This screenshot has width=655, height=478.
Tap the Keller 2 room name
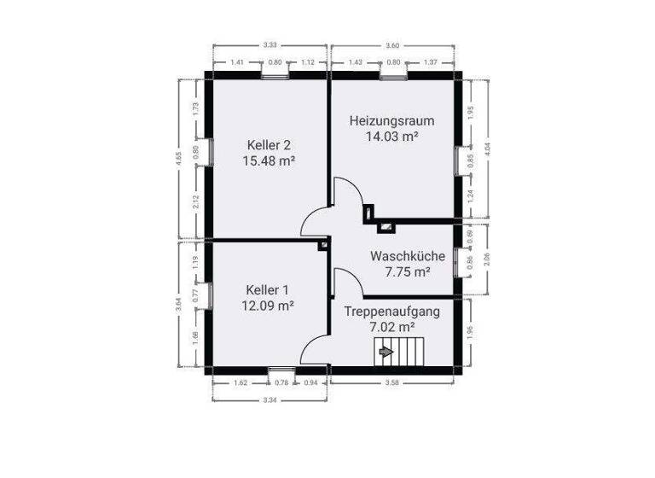[269, 143]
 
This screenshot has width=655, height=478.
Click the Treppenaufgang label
[392, 312]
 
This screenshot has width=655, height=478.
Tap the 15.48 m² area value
[269, 160]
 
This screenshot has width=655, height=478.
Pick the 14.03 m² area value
[392, 137]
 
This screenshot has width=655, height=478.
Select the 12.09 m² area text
[269, 306]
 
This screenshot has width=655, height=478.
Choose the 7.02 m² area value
[392, 327]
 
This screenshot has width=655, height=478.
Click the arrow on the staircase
[385, 350]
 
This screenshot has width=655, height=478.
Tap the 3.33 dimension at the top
[270, 44]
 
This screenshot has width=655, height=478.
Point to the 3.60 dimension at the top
[392, 44]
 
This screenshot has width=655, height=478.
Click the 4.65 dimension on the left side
[178, 158]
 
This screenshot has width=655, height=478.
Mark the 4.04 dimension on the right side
[487, 148]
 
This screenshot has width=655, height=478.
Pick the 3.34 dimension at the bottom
[269, 399]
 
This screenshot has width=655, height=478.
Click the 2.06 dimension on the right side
[487, 262]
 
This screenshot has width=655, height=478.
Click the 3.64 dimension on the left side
[178, 306]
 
